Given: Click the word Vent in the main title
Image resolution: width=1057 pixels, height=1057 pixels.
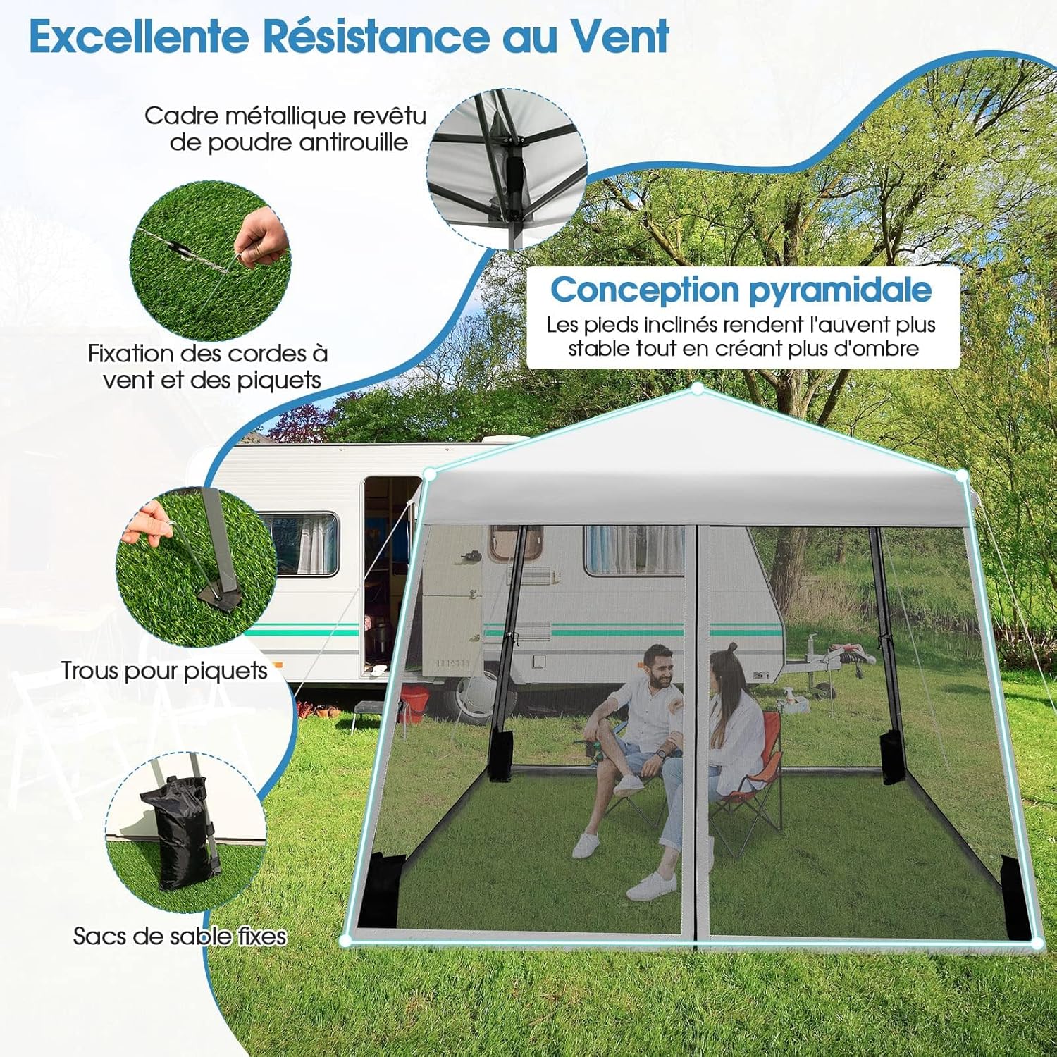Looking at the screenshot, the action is pyautogui.click(x=619, y=37).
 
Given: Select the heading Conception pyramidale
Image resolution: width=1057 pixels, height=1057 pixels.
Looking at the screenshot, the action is pyautogui.click(x=741, y=290).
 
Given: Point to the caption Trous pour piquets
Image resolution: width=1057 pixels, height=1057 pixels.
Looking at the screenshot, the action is pyautogui.click(x=164, y=671).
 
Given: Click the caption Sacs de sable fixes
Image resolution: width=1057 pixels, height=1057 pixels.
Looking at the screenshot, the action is pyautogui.click(x=180, y=936).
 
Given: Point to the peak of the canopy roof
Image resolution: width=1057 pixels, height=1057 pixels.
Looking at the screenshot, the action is pyautogui.click(x=697, y=388).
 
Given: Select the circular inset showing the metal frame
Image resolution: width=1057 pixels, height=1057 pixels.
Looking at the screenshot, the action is pyautogui.click(x=507, y=169).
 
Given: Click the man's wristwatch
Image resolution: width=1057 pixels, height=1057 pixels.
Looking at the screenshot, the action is pyautogui.click(x=660, y=753).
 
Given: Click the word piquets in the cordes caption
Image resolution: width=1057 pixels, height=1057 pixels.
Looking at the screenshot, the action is pyautogui.click(x=278, y=381).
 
